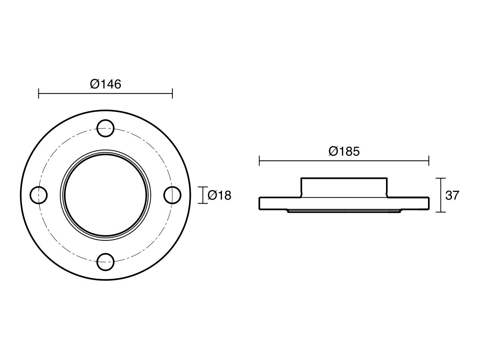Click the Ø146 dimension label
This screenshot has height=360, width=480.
pyautogui.click(x=105, y=84)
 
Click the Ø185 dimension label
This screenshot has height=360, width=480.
pyautogui.click(x=344, y=151)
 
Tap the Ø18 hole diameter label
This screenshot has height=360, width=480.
pyautogui.click(x=220, y=196)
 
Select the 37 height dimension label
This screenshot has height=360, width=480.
pyautogui.click(x=452, y=196)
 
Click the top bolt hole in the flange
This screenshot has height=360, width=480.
pyautogui.click(x=106, y=128)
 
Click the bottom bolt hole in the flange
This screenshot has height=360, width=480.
pyautogui.click(x=106, y=262)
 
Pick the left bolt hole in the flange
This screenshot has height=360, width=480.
pyautogui.click(x=39, y=195)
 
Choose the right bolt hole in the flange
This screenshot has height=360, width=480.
pyautogui.click(x=173, y=195)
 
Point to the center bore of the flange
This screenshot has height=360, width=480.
pyautogui.click(x=106, y=195)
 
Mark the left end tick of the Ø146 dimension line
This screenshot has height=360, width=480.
pyautogui.click(x=38, y=94)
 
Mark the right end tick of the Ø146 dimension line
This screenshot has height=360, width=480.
pyautogui.click(x=172, y=94)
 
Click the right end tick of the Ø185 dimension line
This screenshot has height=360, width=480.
pyautogui.click(x=429, y=161)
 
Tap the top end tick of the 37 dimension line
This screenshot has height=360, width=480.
pyautogui.click(x=440, y=178)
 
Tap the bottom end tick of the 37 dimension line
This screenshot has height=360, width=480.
pyautogui.click(x=440, y=212)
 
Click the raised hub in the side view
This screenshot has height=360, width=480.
pyautogui.click(x=344, y=187)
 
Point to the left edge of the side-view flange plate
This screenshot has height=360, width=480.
pyautogui.click(x=260, y=203)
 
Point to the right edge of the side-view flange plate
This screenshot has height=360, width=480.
pyautogui.click(x=428, y=203)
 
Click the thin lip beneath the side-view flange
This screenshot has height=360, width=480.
pyautogui.click(x=344, y=210)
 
